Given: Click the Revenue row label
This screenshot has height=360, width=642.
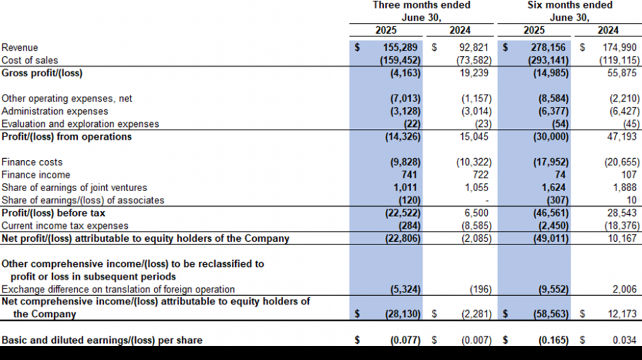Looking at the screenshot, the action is point(20,47).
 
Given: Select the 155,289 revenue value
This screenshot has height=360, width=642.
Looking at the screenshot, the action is point(400,47).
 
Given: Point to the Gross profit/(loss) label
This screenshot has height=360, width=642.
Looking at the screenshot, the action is point(42,73).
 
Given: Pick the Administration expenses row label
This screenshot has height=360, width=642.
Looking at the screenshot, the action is point(55,111).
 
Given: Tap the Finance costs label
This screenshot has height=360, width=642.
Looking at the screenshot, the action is point(32,162).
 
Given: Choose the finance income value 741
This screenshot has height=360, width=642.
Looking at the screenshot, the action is point(409,175).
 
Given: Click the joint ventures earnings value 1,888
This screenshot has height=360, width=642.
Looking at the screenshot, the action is point(625,187).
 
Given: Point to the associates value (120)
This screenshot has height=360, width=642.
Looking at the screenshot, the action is point(410,200).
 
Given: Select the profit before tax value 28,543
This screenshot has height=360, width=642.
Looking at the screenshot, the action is point(622,213).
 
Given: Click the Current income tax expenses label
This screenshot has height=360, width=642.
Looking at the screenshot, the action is point(65,226).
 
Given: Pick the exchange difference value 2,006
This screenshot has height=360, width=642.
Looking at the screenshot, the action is point(625,289).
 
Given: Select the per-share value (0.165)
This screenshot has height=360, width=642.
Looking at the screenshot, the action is point(551,340).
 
